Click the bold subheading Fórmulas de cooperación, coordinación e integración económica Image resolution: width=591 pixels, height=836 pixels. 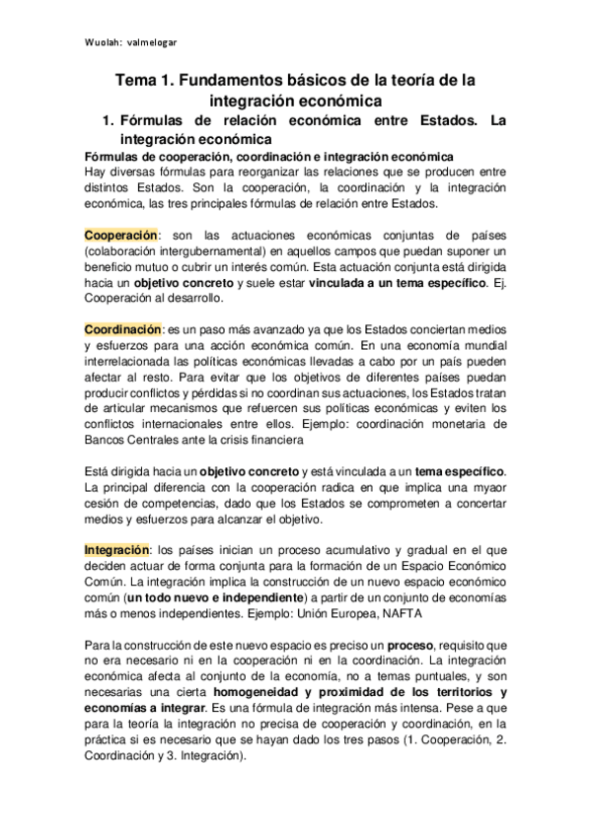click(269, 158)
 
